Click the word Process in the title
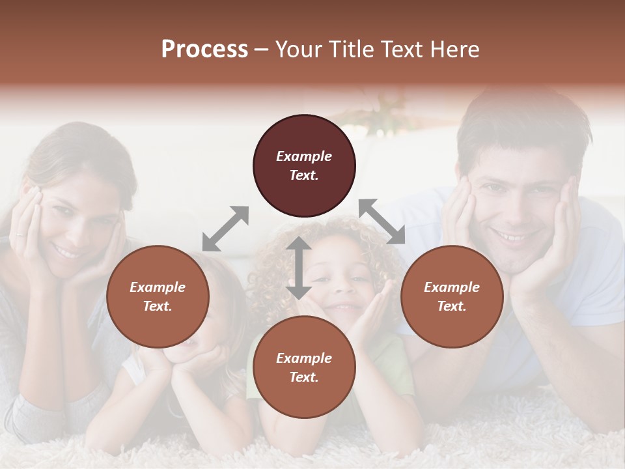pyautogui.click(x=204, y=50)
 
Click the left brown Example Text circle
pyautogui.click(x=158, y=296)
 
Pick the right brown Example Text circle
pyautogui.click(x=452, y=296)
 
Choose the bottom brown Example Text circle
pyautogui.click(x=304, y=367)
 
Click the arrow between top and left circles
pyautogui.click(x=225, y=228)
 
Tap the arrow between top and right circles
pyautogui.click(x=382, y=221)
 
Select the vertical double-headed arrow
pyautogui.click(x=298, y=268)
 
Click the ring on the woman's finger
pyautogui.click(x=20, y=233)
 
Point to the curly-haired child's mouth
pyautogui.click(x=343, y=307)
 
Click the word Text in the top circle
pyautogui.click(x=304, y=175)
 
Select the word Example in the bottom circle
pyautogui.click(x=304, y=358)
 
